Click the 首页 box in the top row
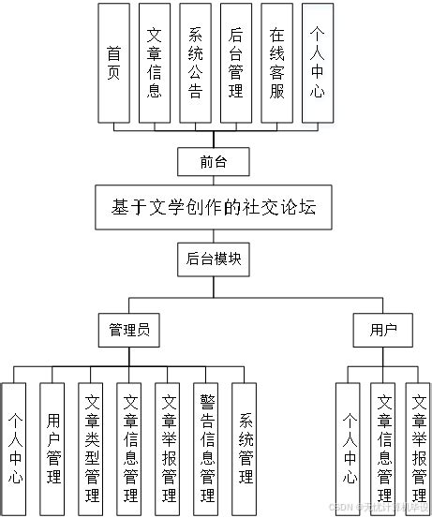point(113,63)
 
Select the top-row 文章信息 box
point(155,63)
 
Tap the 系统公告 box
point(196,63)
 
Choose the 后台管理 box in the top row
point(236,63)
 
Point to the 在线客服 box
point(277,63)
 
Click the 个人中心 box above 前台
point(319,63)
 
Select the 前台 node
point(214,162)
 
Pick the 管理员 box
point(129,330)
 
